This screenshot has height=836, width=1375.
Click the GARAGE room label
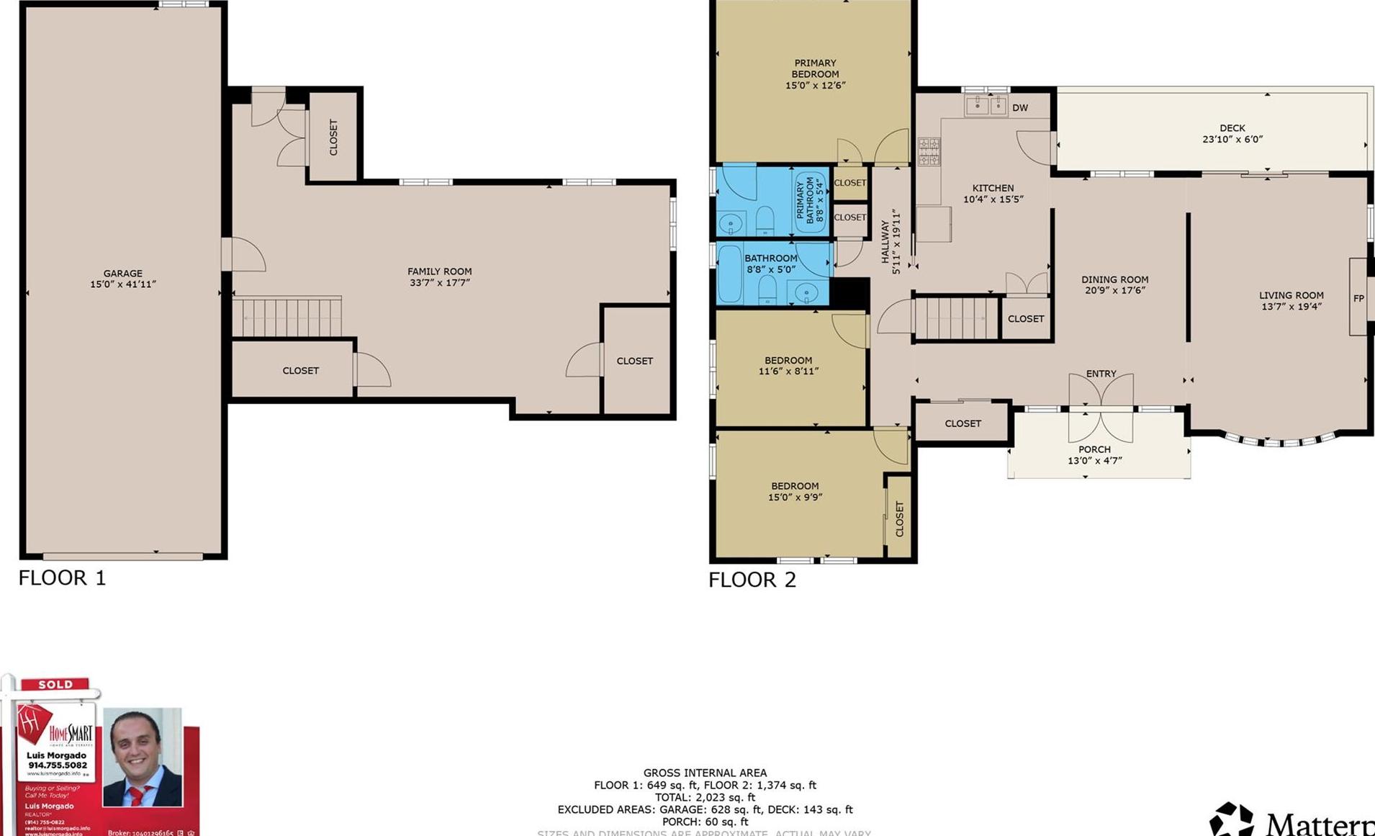122,274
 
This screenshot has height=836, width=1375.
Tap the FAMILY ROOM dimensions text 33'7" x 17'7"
439,283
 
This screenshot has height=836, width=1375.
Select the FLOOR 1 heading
62,577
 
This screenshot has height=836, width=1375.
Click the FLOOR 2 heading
752,580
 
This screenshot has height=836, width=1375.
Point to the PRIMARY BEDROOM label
815,68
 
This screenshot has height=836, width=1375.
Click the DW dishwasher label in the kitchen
1019,108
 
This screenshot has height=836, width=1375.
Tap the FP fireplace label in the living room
1358,298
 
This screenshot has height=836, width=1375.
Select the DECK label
1232,128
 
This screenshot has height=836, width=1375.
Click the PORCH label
1094,449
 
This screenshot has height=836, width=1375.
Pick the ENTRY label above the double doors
1101,374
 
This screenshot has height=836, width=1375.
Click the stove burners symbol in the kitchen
929,152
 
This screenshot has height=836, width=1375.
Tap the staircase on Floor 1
287,317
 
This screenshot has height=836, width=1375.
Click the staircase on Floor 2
955,318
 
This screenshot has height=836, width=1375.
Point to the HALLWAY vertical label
885,242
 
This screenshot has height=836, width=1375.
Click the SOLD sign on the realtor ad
55,684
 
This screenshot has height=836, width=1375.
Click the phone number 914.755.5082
58,765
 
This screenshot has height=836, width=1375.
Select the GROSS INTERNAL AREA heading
705,773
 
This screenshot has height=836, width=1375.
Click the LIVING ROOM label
1291,295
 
